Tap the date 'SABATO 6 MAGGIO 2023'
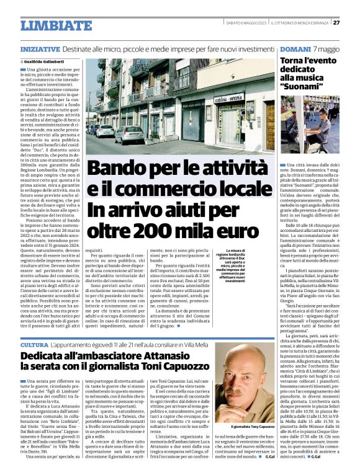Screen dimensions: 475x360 click(246, 23)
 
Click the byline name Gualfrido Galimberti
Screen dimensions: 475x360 click(43, 62)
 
